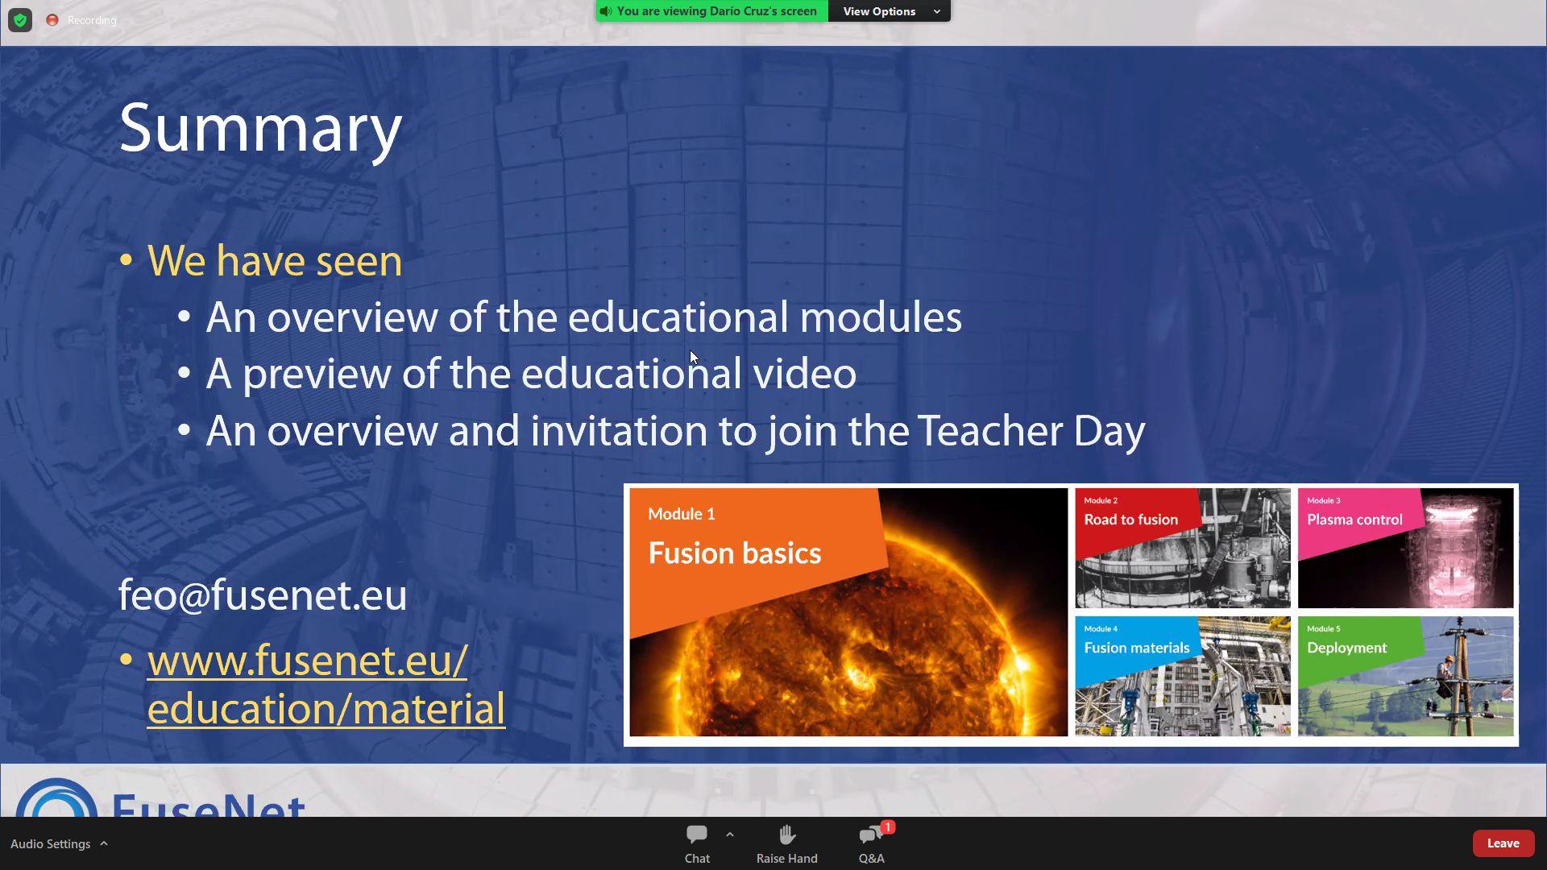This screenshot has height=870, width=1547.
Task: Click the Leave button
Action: tap(1503, 843)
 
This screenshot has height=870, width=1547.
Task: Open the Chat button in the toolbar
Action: tap(697, 843)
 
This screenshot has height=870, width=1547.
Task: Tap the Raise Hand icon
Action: tap(787, 835)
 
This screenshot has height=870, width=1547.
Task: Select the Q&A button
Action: tap(872, 843)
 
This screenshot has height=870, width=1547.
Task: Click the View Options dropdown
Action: tap(890, 11)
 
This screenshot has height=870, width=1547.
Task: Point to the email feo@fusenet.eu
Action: tap(263, 595)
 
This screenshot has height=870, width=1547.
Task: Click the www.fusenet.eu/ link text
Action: tap(307, 661)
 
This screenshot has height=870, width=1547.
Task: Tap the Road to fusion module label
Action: tap(1131, 520)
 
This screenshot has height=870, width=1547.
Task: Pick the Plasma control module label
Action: tap(1354, 520)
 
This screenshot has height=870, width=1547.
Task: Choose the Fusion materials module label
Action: tap(1137, 648)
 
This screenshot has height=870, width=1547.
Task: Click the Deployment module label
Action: tap(1347, 648)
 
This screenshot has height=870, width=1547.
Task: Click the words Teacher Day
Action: tap(1031, 431)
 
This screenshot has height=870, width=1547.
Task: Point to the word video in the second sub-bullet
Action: tap(804, 374)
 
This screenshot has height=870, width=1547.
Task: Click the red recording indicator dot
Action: tap(52, 20)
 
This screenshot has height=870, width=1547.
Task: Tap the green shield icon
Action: tap(20, 20)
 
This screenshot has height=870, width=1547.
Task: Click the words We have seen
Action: tap(275, 261)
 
